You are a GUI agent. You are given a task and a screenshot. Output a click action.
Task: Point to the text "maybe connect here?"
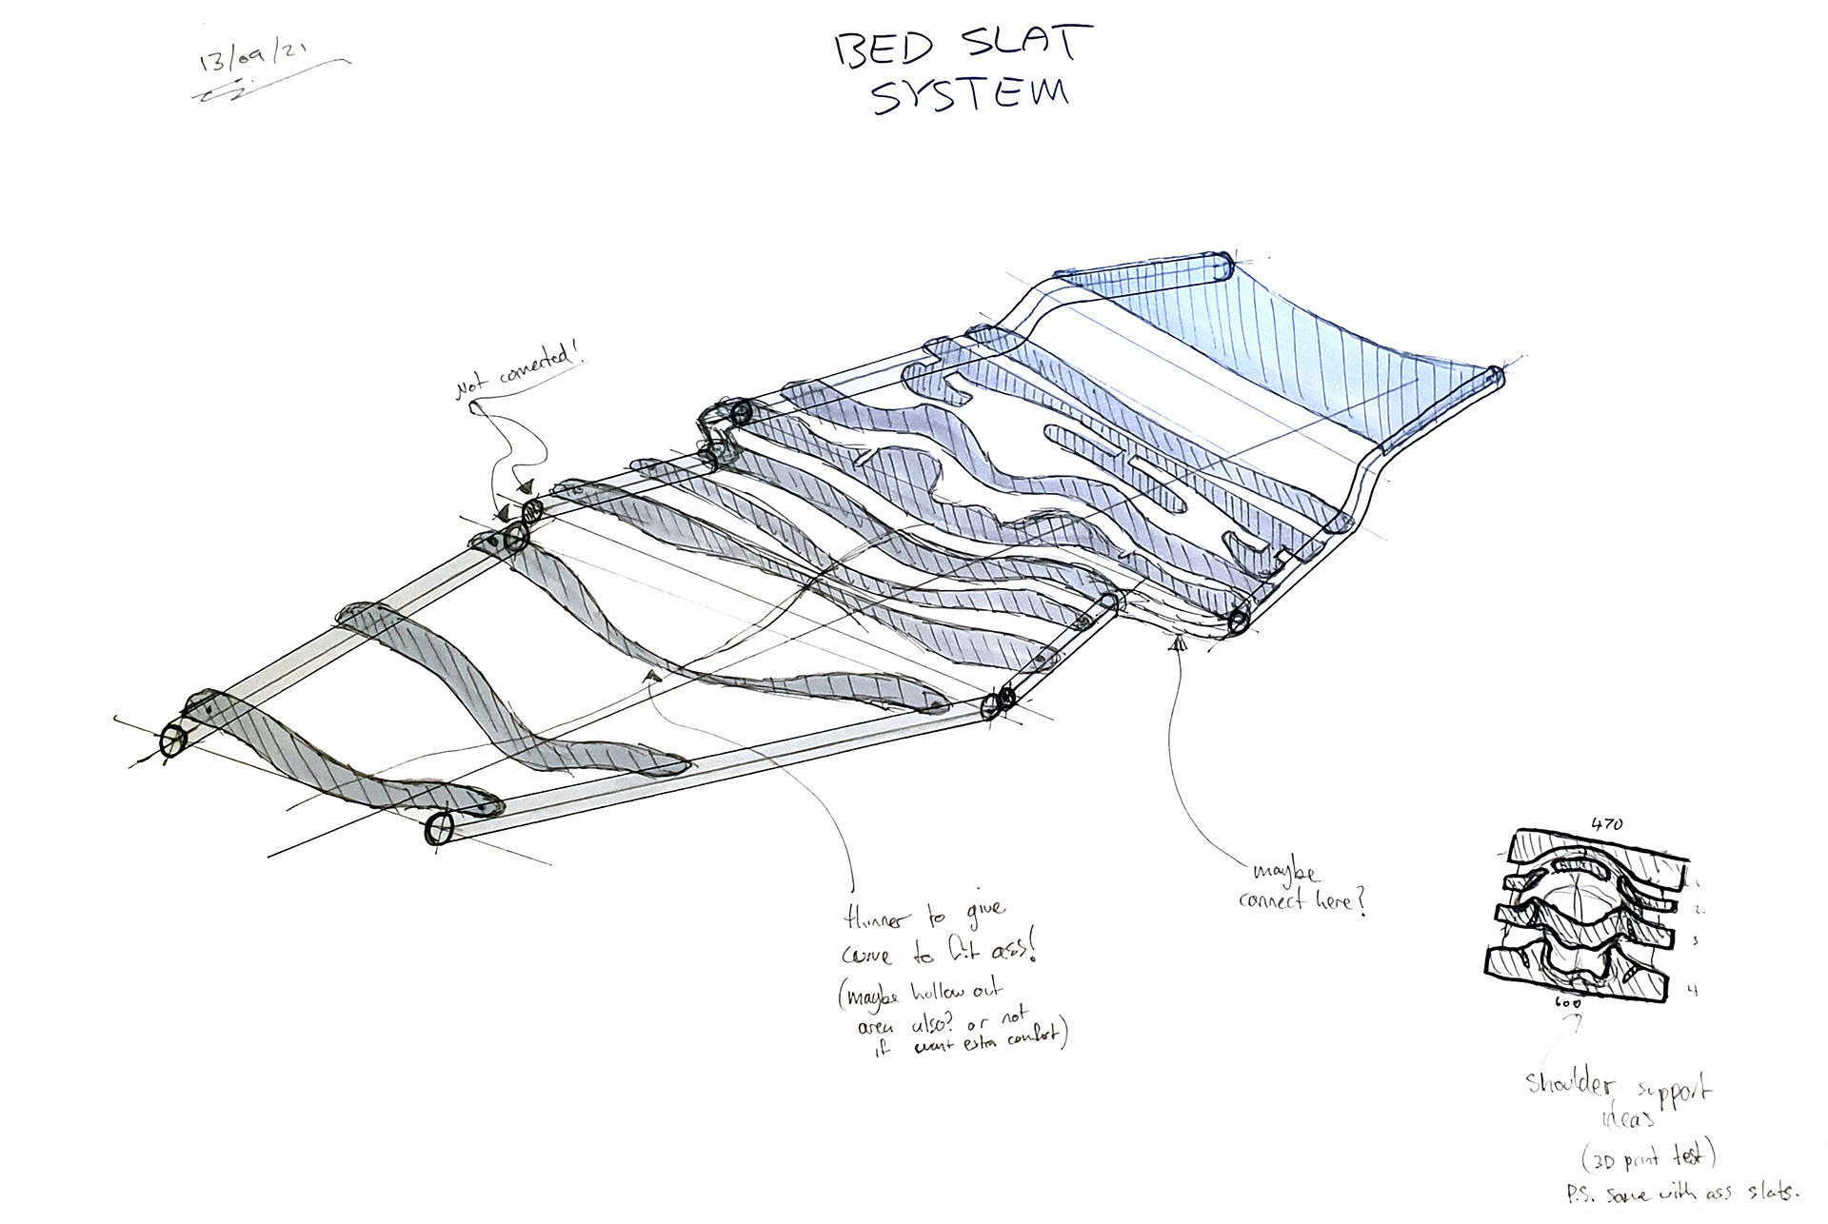point(1301,887)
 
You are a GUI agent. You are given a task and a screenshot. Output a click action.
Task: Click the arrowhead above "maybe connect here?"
point(1179,644)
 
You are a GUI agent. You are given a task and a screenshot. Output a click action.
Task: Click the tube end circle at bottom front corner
point(440,828)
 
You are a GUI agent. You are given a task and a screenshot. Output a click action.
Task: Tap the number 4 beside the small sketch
point(1692,991)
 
